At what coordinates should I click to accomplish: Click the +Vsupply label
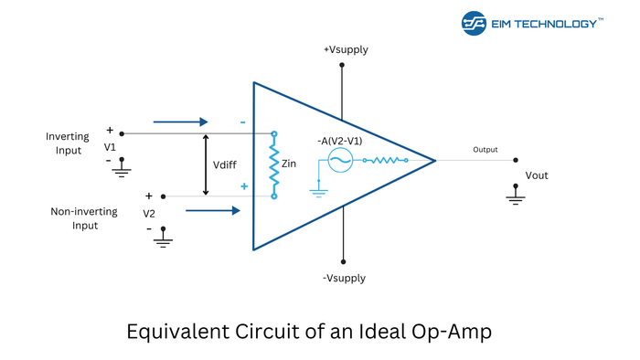point(346,49)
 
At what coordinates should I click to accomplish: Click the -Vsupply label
point(344,278)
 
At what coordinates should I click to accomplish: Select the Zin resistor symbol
point(273,164)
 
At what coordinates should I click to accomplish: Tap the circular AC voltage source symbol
point(340,161)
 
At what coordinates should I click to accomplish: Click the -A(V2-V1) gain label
point(339,141)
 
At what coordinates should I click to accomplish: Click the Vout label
point(537,175)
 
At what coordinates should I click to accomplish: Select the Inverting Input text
point(68,143)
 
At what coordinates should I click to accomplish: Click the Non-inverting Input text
point(84,218)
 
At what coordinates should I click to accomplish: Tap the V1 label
point(110,147)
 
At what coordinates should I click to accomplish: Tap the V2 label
point(149,213)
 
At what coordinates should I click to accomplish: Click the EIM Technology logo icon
point(474,23)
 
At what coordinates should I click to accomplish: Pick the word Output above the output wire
point(485,150)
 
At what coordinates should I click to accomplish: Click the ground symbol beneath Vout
point(516,194)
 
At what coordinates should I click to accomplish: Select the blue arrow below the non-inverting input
point(212,211)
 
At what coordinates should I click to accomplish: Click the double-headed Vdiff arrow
point(207,164)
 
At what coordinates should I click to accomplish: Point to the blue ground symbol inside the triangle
point(318,190)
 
